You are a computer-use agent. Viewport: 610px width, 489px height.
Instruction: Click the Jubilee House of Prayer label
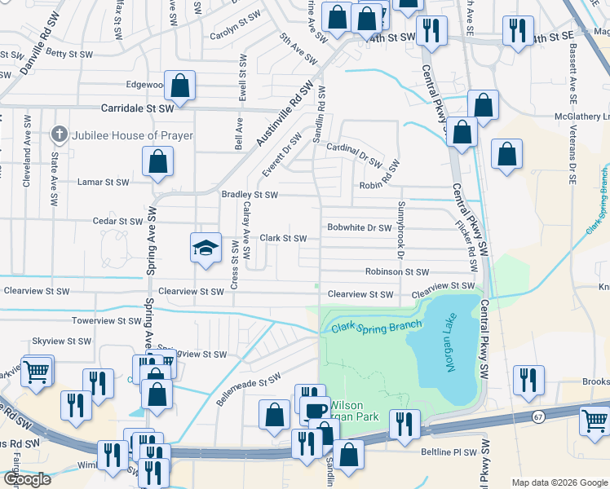coord(132,135)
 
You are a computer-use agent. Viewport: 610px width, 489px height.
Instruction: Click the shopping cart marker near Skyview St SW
coord(37,372)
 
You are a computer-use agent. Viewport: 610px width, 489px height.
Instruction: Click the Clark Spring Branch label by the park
coord(376,327)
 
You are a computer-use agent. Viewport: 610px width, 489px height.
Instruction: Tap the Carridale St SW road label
coord(138,108)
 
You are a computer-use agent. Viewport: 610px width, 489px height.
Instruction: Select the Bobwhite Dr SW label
coord(360,228)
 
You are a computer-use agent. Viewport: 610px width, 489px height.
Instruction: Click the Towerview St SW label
coord(107,321)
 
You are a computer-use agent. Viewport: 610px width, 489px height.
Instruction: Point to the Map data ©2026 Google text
coord(559,482)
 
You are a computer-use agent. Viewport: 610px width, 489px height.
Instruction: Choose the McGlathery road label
coord(581,117)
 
